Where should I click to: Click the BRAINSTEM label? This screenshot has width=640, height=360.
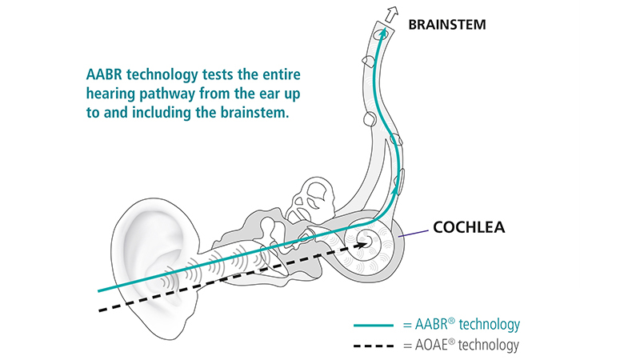coord(446,25)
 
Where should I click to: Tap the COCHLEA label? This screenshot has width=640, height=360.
coord(474,226)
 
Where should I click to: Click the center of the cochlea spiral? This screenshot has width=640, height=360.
coord(367,238)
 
